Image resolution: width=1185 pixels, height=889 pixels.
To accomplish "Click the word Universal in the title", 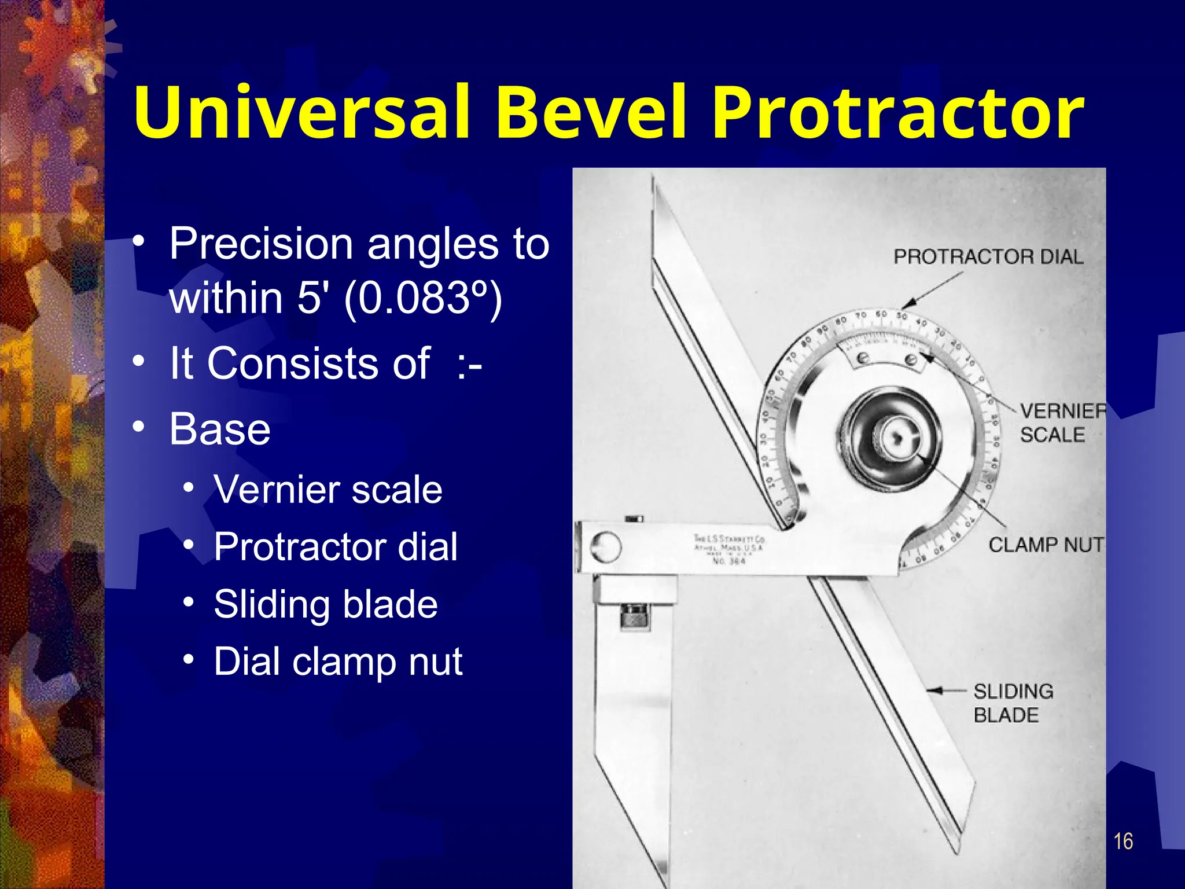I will coord(301,113).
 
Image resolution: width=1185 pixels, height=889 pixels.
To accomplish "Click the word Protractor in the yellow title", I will coord(897,113).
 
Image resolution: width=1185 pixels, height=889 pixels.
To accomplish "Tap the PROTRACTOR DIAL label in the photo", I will coord(988,256).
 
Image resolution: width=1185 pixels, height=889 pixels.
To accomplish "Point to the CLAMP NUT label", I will coord(1045,545).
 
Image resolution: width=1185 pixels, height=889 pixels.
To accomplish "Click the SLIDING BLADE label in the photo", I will coord(1013,703).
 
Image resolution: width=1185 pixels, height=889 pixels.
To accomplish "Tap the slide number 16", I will coord(1123,841).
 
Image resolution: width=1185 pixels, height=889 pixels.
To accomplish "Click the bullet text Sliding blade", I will coord(325,604).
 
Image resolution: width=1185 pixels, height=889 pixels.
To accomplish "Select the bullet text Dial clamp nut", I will coord(338,662).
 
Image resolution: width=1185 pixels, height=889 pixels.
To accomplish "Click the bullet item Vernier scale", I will coord(327,490).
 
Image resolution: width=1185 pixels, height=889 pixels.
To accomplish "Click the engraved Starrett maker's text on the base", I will coord(729,549).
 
